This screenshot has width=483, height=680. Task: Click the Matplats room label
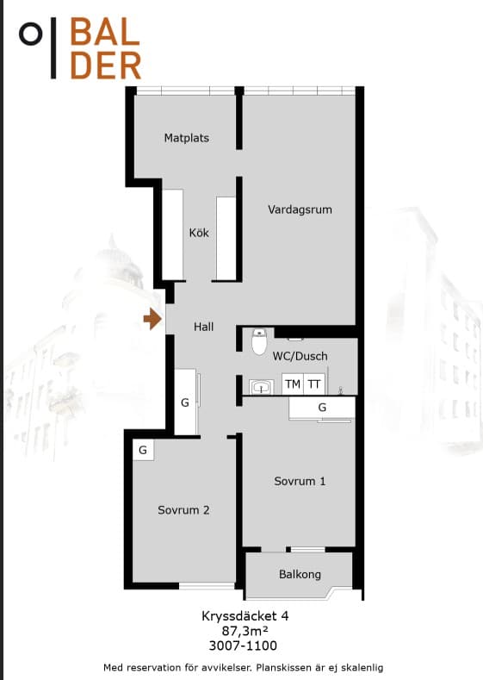click(186, 138)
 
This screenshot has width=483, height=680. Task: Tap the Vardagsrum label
click(300, 209)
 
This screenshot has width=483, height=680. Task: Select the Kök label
click(199, 233)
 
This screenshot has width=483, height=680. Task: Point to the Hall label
click(203, 327)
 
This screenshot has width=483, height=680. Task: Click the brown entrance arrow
click(152, 319)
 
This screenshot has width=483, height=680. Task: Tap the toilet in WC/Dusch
click(259, 341)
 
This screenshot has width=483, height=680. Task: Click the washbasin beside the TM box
click(261, 387)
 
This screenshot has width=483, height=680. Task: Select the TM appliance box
click(293, 384)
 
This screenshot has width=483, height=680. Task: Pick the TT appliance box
click(314, 384)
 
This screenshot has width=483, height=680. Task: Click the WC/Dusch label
click(300, 356)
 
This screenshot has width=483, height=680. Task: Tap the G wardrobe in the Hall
click(185, 402)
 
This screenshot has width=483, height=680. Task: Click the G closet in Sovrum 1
click(322, 408)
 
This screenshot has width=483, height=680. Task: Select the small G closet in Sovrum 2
click(143, 450)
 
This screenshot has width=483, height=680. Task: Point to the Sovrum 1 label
click(300, 481)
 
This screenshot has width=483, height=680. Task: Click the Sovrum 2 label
click(183, 510)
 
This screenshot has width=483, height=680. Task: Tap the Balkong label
click(300, 574)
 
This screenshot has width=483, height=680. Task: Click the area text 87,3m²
click(245, 630)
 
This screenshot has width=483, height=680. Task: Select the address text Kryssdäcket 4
click(245, 616)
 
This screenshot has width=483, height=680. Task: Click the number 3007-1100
click(243, 646)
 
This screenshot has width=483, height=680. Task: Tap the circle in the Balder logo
click(31, 34)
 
